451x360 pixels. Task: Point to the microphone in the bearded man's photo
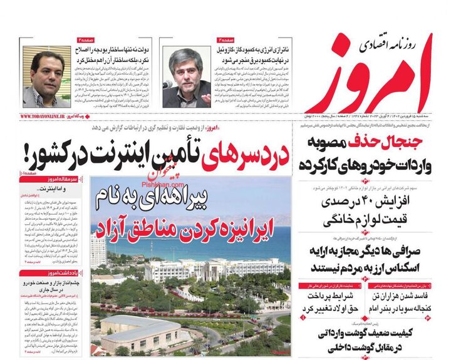tap(167, 85)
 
